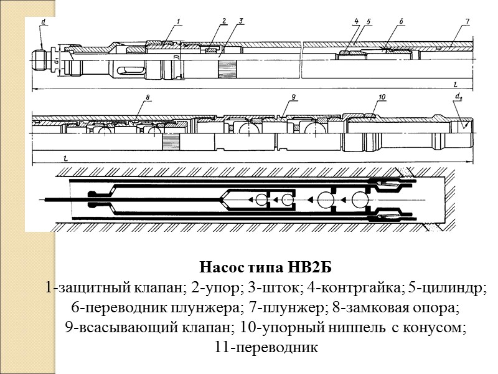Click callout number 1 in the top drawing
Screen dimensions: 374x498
pyautogui.click(x=178, y=22)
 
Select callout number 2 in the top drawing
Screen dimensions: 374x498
pyautogui.click(x=223, y=21)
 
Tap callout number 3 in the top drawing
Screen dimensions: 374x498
pyautogui.click(x=240, y=21)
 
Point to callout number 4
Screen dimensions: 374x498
pyautogui.click(x=356, y=22)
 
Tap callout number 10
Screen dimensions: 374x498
pyautogui.click(x=382, y=97)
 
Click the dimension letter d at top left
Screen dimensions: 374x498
pyautogui.click(x=43, y=22)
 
